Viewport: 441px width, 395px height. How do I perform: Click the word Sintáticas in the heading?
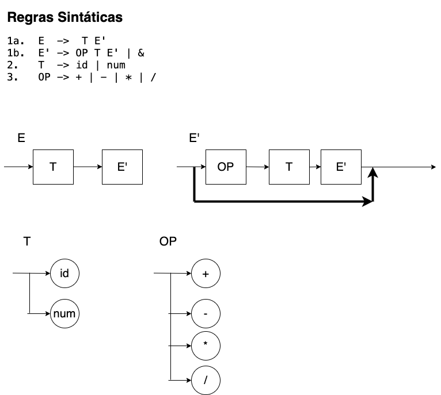pyautogui.click(x=90, y=17)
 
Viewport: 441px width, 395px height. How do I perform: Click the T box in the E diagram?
pyautogui.click(x=53, y=167)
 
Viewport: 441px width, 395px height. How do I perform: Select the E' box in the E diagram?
pyautogui.click(x=123, y=167)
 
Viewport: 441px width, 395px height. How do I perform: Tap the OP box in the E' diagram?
pyautogui.click(x=226, y=167)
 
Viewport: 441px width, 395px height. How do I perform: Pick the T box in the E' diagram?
pyautogui.click(x=289, y=167)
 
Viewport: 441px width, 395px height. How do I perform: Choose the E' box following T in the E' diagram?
pyautogui.click(x=341, y=167)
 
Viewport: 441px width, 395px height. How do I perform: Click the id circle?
pyautogui.click(x=64, y=273)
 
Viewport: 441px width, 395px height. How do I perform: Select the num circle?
pyautogui.click(x=64, y=313)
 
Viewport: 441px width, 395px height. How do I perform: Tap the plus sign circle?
pyautogui.click(x=206, y=273)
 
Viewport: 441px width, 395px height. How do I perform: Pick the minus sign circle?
pyautogui.click(x=206, y=313)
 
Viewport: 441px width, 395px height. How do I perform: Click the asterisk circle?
pyautogui.click(x=206, y=346)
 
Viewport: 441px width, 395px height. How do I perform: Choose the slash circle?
pyautogui.click(x=206, y=380)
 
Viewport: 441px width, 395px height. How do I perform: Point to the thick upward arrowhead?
pyautogui.click(x=372, y=172)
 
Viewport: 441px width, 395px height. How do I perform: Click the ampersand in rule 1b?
pyautogui.click(x=141, y=53)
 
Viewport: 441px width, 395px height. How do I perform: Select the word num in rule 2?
pyautogui.click(x=116, y=65)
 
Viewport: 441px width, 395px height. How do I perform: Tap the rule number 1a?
pyautogui.click(x=16, y=41)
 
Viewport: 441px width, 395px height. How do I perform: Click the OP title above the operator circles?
pyautogui.click(x=168, y=241)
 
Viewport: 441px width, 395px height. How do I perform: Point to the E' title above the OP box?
pyautogui.click(x=195, y=138)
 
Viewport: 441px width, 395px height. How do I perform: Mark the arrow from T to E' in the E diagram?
pyautogui.click(x=88, y=167)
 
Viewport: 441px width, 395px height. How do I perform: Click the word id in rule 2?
pyautogui.click(x=82, y=65)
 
